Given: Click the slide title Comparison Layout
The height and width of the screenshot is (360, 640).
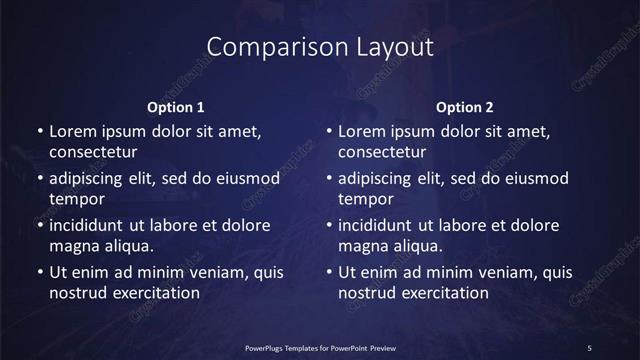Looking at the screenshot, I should click(320, 47).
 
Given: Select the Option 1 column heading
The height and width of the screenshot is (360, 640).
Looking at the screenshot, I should click(176, 107).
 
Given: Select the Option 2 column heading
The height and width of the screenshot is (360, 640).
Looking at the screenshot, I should click(465, 107).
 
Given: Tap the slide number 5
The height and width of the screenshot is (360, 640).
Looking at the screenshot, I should click(590, 346).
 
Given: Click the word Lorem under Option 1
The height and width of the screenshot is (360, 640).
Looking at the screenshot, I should click(73, 131).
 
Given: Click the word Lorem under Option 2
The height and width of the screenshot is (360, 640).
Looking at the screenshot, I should click(362, 131).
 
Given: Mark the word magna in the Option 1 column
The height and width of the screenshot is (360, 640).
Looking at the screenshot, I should click(73, 246).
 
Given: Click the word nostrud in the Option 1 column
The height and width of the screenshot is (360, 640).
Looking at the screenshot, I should click(77, 293).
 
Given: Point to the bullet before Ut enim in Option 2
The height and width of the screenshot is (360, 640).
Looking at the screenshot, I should click(329, 272).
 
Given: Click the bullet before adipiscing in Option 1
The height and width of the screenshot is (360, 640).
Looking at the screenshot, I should click(40, 179).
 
